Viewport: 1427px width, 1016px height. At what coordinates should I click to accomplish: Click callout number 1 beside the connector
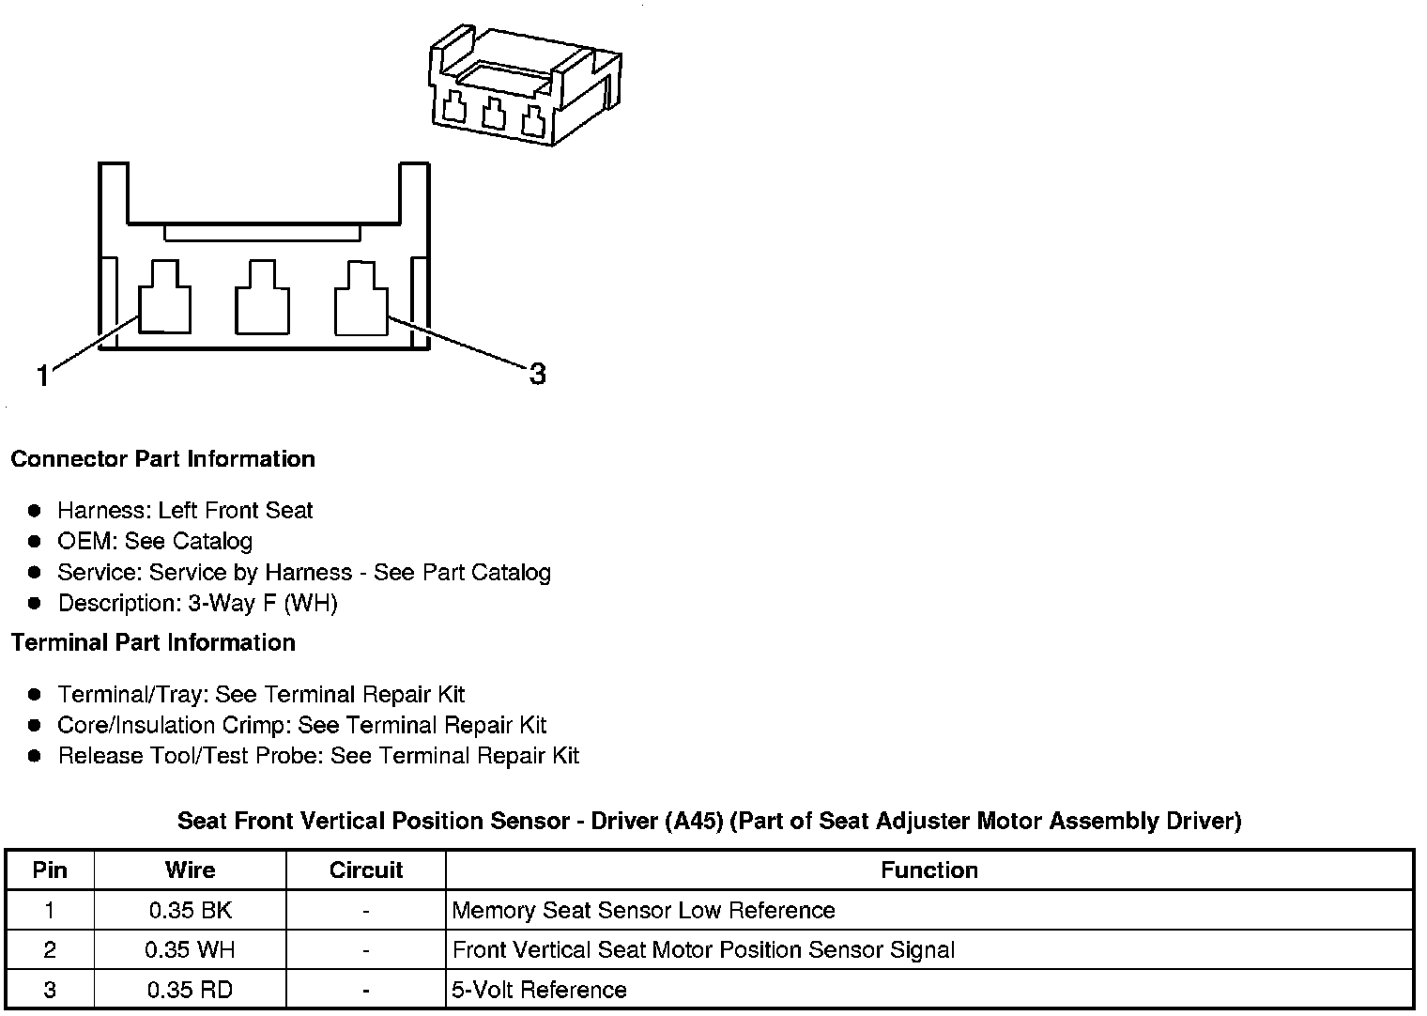pos(42,377)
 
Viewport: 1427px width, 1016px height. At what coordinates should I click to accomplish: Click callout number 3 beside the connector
pos(537,375)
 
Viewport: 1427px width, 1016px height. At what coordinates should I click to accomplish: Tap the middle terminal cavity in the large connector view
pos(262,300)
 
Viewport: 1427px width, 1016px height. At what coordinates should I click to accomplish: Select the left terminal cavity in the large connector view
pos(165,300)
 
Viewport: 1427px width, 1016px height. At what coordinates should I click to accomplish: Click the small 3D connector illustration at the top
pos(525,85)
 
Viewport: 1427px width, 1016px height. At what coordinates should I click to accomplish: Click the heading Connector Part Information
pos(162,459)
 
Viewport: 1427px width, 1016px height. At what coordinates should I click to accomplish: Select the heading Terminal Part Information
pos(153,642)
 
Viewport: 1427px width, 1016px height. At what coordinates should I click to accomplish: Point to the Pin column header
pos(50,870)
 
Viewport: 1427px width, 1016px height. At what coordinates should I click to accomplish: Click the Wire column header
pos(190,870)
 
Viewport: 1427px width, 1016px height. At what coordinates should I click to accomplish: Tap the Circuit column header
pos(365,870)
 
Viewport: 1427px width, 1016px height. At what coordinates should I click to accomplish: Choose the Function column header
pos(928,870)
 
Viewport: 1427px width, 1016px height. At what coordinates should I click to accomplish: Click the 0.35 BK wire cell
pos(190,910)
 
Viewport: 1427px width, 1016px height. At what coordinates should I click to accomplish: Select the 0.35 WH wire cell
pos(190,950)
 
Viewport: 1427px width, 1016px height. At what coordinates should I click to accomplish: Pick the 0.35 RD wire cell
pos(190,990)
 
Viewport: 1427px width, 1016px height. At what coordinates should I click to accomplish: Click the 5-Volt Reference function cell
pos(539,990)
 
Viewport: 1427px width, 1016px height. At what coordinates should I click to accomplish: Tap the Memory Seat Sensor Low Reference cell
pos(643,910)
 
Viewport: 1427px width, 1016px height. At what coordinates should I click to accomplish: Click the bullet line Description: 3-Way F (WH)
pos(197,603)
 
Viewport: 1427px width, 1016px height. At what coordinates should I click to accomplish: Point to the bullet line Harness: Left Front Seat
pos(185,511)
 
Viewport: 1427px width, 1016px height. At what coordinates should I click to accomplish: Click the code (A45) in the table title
pos(694,822)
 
